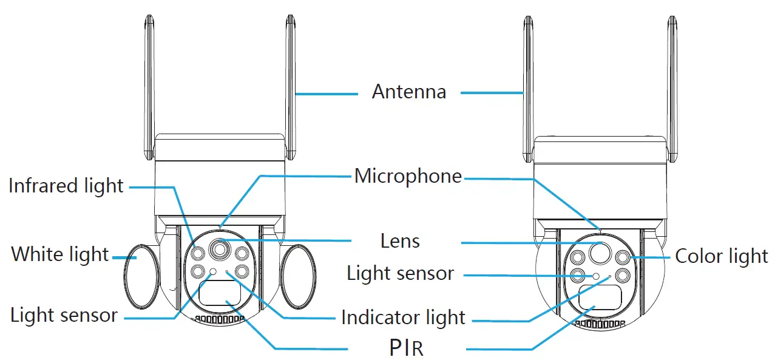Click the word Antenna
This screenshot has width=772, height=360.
408,92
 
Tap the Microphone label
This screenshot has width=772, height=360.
408,177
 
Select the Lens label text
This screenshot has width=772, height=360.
400,241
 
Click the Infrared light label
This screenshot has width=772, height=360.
66,186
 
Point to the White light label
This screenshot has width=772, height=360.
59,254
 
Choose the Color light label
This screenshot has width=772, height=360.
722,256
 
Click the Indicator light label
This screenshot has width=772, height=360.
403,318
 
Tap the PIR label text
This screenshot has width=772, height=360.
405,349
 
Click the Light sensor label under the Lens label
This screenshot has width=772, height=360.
400,273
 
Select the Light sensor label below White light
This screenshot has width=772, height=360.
64,315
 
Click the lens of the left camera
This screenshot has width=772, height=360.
219,249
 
